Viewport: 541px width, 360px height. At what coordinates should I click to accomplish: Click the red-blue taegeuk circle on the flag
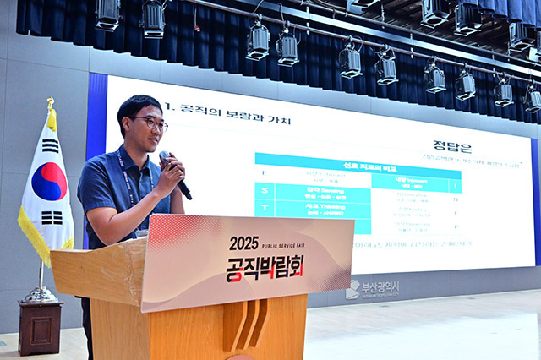pos(49,181)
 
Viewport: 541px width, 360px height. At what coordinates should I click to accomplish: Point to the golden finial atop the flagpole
pos(51,104)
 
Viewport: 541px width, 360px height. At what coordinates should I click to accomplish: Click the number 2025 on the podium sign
pos(243,243)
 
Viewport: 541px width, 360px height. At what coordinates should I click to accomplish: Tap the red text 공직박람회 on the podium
pos(264,268)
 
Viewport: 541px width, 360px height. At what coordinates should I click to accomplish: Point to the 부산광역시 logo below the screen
pos(372,288)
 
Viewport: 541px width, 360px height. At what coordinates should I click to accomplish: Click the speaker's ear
pos(128,128)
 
